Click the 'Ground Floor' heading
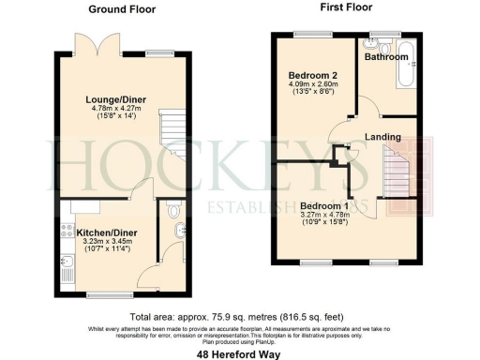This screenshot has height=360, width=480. pyautogui.click(x=122, y=8)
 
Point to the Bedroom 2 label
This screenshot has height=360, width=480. pyautogui.click(x=308, y=72)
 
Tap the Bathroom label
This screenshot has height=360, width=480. pyautogui.click(x=386, y=57)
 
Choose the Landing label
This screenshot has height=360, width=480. pyautogui.click(x=383, y=137)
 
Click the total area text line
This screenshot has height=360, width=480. pyautogui.click(x=240, y=317)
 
